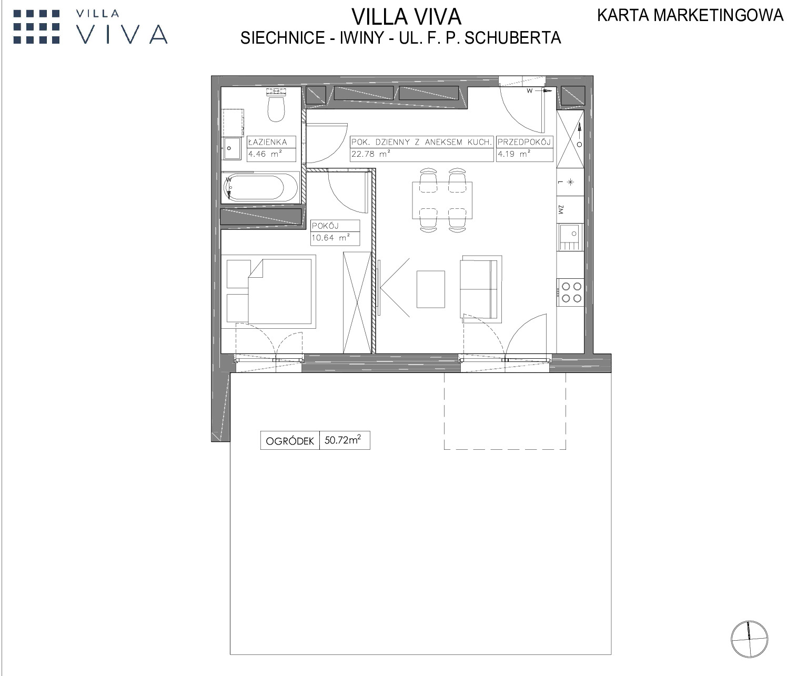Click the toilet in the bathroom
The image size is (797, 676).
pos(277,105)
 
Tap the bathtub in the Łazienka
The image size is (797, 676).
pos(260,188)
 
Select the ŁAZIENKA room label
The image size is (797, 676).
pos(268,142)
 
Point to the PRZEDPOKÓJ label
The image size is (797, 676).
pos(523,142)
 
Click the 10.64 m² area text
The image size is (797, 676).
pos(330,238)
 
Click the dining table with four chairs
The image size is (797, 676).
pos(442,200)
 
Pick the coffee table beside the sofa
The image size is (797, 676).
pos(431,289)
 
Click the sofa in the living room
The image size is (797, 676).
pos(481,289)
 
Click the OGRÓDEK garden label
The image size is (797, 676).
pos(290,441)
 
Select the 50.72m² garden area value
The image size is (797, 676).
pos(343,440)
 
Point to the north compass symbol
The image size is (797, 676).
pos(749,639)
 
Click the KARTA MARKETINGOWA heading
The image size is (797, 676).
pos(690,15)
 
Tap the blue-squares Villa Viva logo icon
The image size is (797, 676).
pos(37,27)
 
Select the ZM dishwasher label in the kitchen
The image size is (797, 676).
pos(561,209)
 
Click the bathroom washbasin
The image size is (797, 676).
pos(232,148)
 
